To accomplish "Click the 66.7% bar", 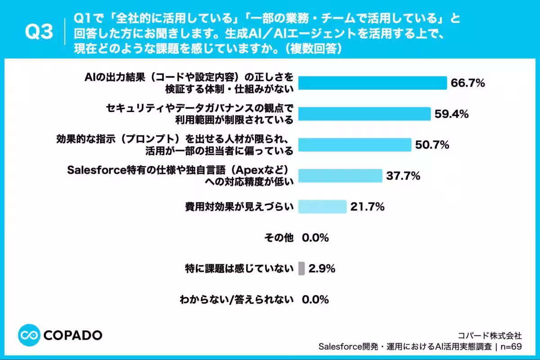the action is [373, 83].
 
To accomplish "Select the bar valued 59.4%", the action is [364, 114].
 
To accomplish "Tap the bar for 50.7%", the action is [355, 145].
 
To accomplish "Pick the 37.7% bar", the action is [340, 175].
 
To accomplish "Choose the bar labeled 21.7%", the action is [322, 207].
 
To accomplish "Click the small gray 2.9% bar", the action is [301, 268].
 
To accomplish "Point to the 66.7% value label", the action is [468, 83].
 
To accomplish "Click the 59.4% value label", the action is [451, 114].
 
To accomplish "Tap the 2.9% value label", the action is [322, 268].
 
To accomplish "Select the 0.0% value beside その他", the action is [315, 238].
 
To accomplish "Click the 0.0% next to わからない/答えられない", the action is [315, 300].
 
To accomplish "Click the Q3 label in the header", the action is [39, 31].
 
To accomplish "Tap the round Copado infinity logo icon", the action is [29, 335].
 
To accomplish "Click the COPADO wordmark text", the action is [73, 335].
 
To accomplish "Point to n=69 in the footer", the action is [511, 346].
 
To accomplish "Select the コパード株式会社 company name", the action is [490, 335].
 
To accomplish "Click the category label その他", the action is [279, 238].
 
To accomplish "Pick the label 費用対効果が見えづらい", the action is [239, 207].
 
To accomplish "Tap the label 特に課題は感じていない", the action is [239, 268].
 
